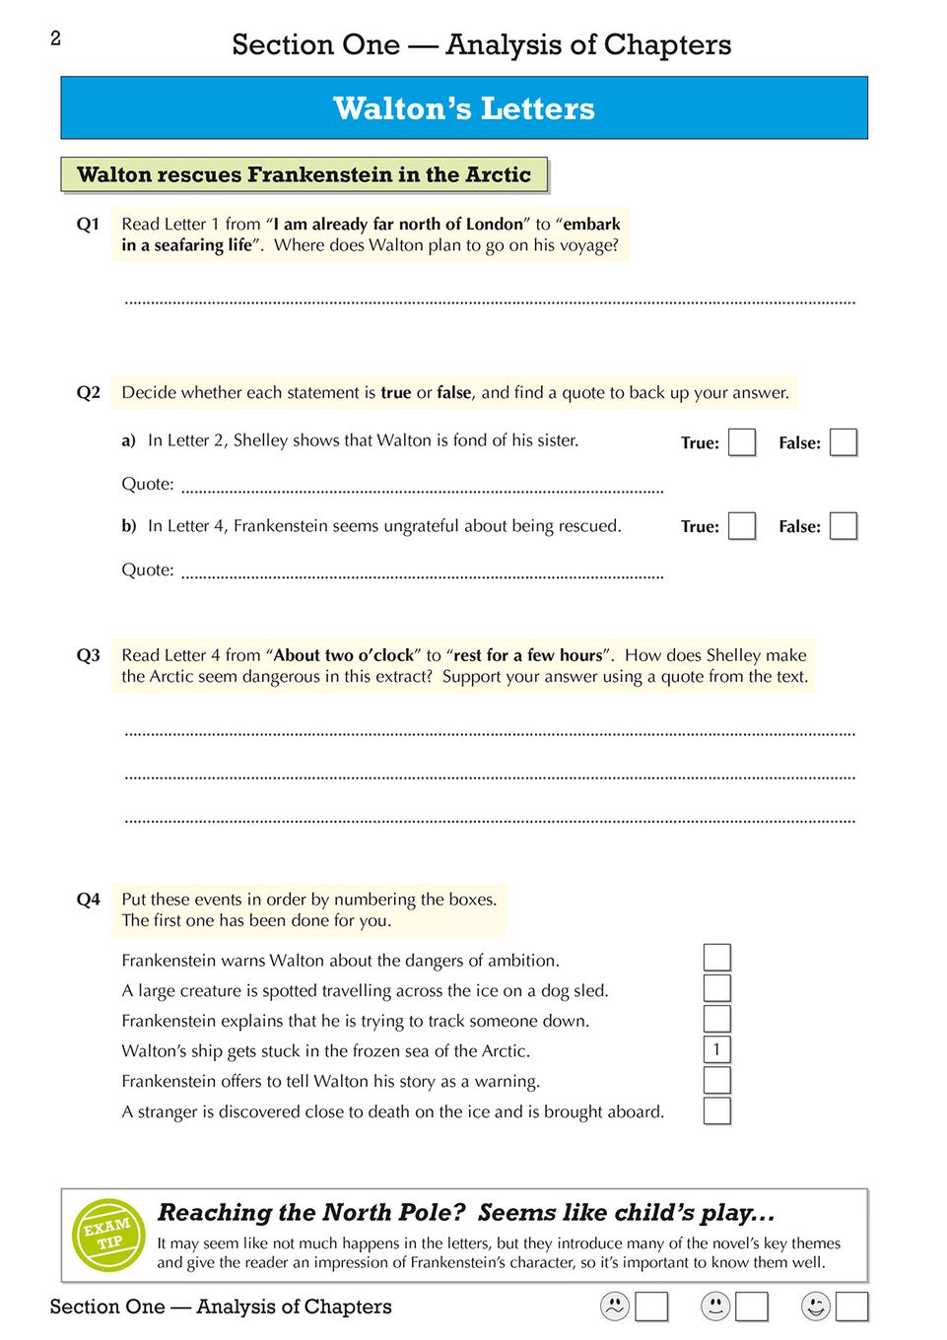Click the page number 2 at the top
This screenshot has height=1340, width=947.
point(56,38)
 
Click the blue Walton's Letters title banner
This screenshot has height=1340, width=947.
point(464,107)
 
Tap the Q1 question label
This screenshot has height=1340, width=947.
point(89,225)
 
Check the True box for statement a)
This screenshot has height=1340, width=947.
point(742,442)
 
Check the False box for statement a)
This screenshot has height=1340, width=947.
point(844,442)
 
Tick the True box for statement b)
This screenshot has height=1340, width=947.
point(742,526)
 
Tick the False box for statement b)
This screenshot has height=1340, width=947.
point(844,526)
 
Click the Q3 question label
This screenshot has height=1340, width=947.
point(89,655)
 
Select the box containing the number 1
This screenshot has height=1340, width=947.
point(717,1049)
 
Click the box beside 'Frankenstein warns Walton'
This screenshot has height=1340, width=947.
point(717,958)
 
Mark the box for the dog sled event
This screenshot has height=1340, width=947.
point(717,988)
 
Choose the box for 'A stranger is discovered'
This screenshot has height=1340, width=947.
point(717,1110)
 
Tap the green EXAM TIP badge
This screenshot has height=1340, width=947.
point(108,1235)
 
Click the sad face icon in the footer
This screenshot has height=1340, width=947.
point(615,1306)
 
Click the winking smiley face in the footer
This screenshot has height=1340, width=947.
point(816,1306)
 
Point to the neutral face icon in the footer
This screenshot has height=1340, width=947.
point(715,1306)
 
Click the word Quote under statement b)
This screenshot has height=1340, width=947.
point(148,569)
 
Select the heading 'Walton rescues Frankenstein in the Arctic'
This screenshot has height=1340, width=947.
point(304,175)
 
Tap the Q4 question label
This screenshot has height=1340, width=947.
point(89,900)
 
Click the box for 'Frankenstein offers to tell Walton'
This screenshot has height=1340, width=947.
point(717,1080)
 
